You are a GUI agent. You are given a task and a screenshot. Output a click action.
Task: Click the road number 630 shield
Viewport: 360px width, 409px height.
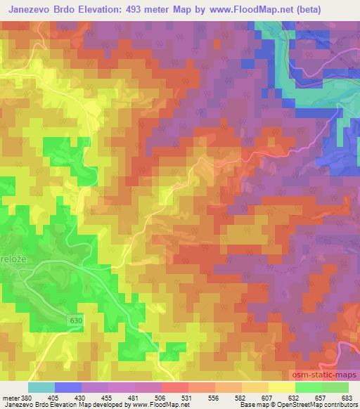(75, 320)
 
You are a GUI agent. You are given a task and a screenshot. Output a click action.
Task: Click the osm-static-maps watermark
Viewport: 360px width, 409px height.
(323, 377)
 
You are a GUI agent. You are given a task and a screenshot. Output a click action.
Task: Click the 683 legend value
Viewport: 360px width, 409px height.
(347, 397)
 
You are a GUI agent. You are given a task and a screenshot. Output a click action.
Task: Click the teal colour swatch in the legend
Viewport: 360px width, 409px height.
(41, 387)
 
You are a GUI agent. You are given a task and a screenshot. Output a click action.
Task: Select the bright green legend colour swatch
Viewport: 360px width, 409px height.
(308, 387)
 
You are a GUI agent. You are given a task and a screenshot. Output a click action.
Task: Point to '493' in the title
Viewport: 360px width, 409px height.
(154, 10)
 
